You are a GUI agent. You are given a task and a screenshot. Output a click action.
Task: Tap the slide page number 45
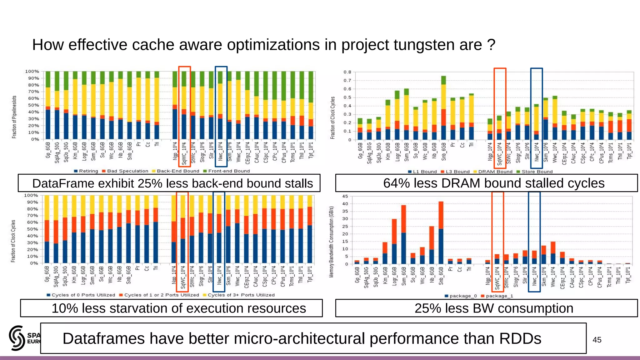pos(597,340)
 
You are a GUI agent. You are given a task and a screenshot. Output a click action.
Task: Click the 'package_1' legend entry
pos(499,296)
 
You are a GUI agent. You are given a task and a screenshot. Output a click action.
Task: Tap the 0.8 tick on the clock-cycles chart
pos(347,72)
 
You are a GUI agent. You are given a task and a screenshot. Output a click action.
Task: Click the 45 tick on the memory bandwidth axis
pos(345,196)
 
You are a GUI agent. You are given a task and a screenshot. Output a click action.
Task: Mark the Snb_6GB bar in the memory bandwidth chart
pos(441,233)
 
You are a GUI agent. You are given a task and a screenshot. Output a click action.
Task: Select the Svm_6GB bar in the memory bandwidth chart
pos(403,234)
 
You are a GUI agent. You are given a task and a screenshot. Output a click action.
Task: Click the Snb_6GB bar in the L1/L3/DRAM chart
pos(444,108)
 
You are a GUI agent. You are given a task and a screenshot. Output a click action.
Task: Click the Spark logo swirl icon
pos(17,338)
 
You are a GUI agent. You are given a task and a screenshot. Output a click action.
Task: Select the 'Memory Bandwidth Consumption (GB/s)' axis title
pos(331,242)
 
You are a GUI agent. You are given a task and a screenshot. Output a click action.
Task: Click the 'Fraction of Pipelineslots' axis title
pos(14,117)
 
